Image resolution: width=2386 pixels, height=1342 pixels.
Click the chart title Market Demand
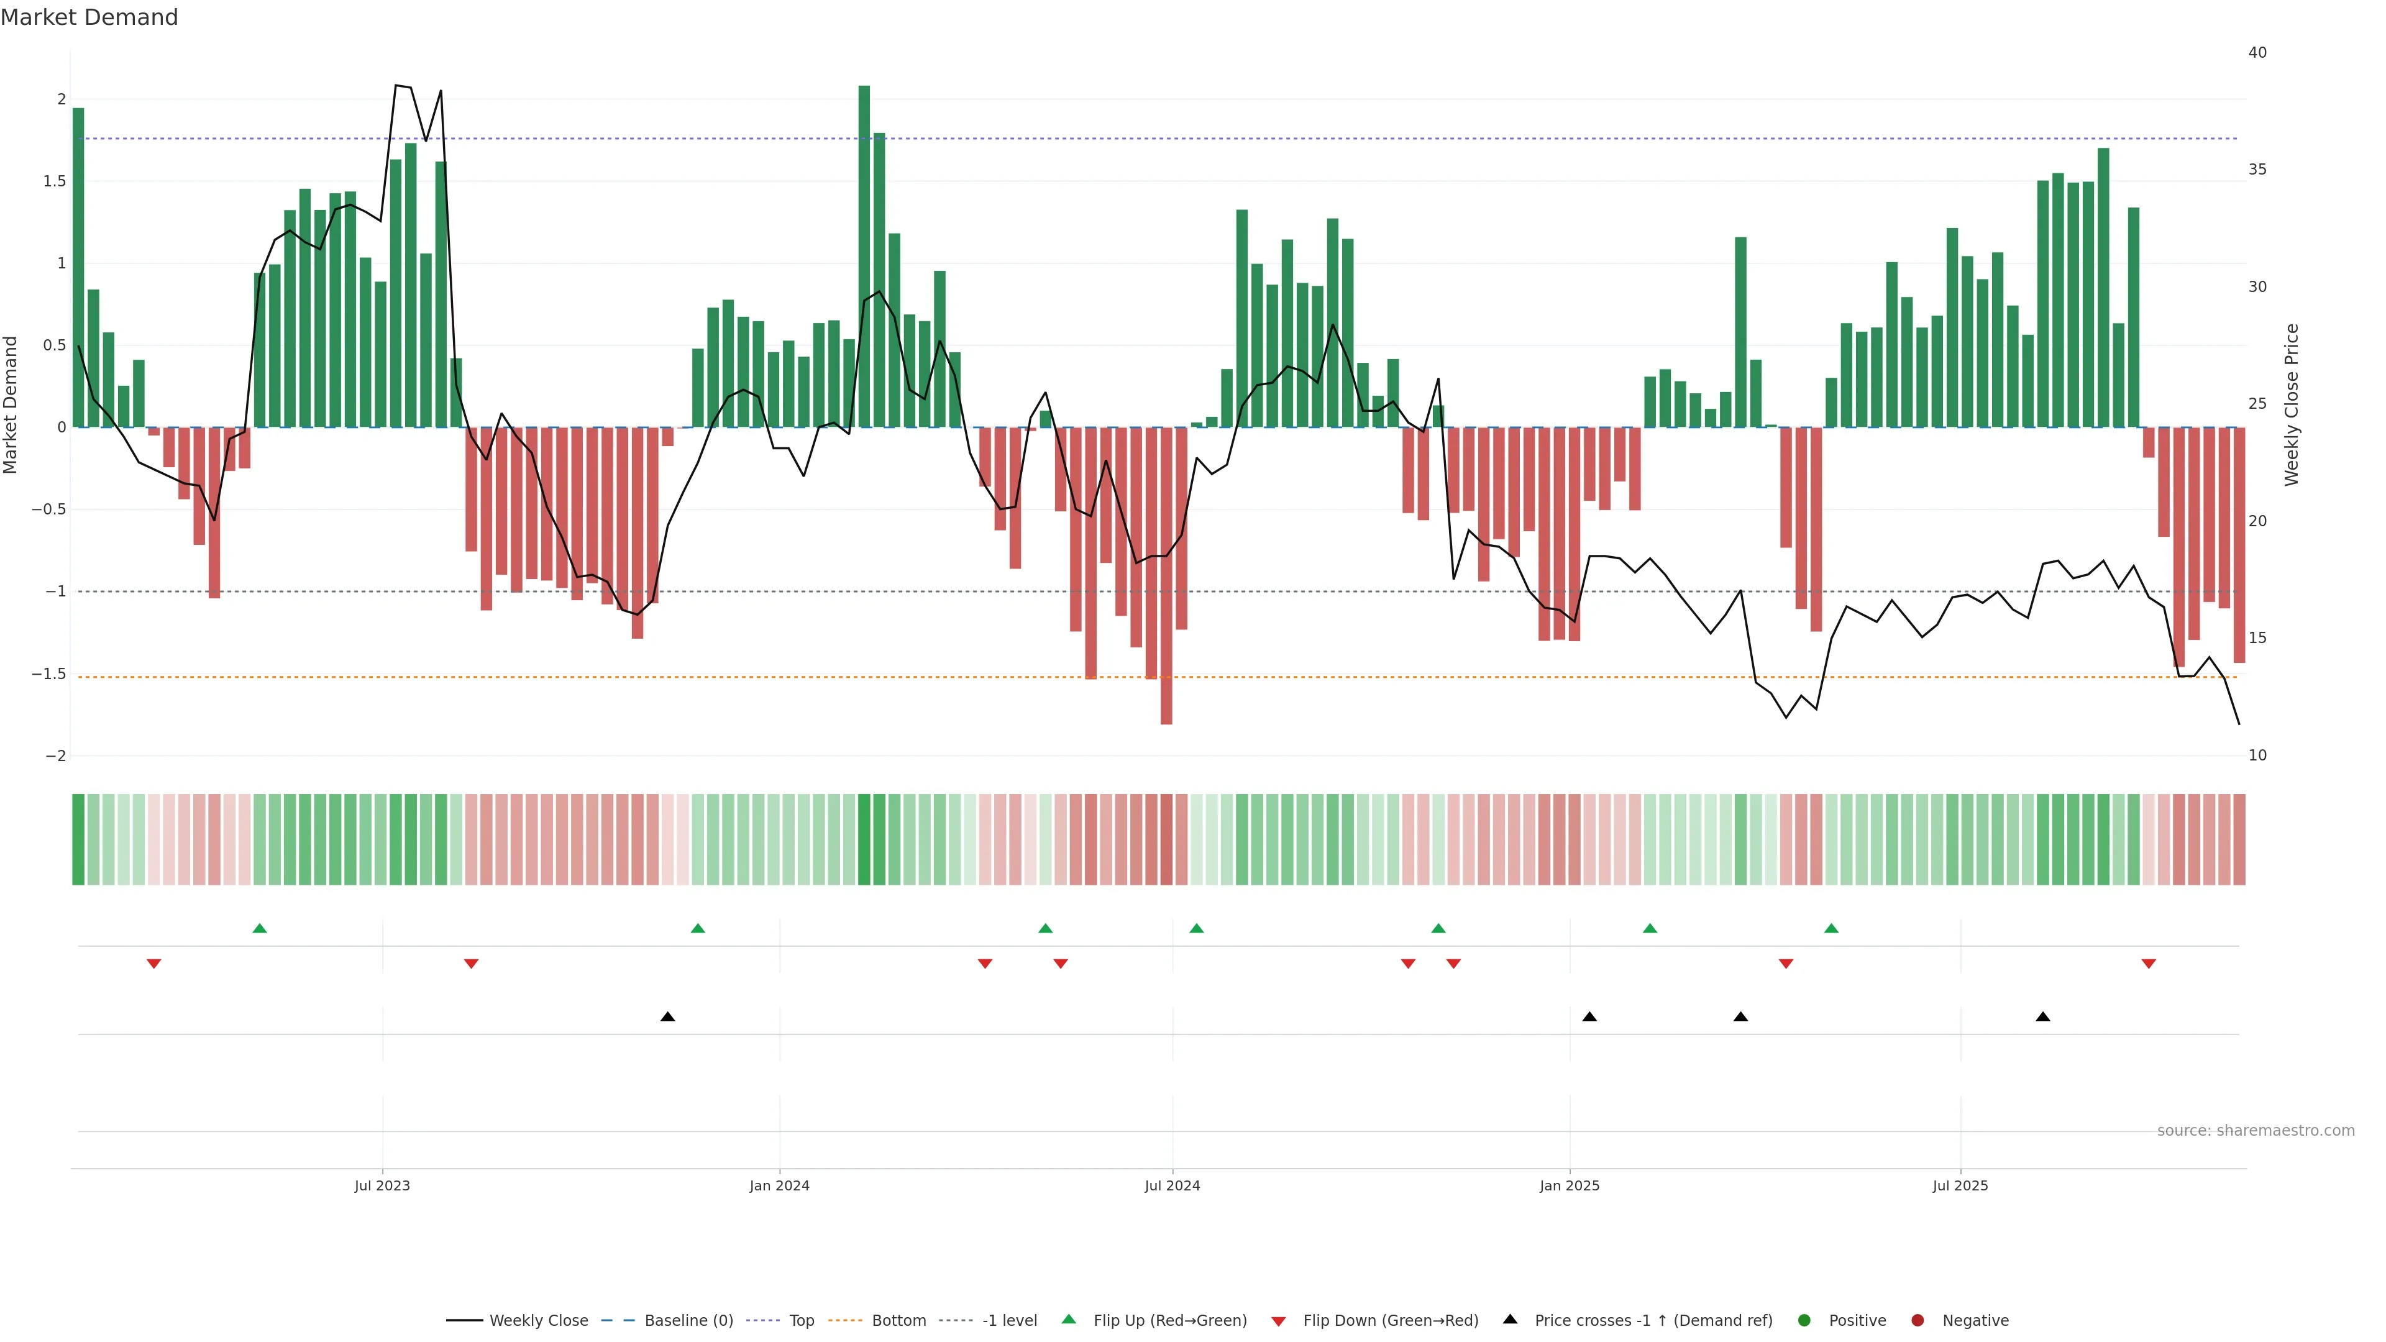89,17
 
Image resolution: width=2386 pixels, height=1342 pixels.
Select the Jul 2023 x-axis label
382,1185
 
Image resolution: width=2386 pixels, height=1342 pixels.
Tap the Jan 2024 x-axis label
779,1185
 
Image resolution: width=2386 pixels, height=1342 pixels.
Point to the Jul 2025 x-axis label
1960,1185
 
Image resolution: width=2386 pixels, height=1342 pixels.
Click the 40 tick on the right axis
2257,53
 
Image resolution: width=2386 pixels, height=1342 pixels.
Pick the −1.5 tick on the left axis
49,673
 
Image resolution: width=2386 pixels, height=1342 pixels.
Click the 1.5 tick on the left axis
55,181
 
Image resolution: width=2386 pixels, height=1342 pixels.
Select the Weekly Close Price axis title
2292,404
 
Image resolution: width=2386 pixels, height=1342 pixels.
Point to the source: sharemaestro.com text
2256,1131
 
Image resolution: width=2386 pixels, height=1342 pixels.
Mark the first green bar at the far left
79,268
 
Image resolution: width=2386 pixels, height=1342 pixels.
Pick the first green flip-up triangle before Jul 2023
259,928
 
